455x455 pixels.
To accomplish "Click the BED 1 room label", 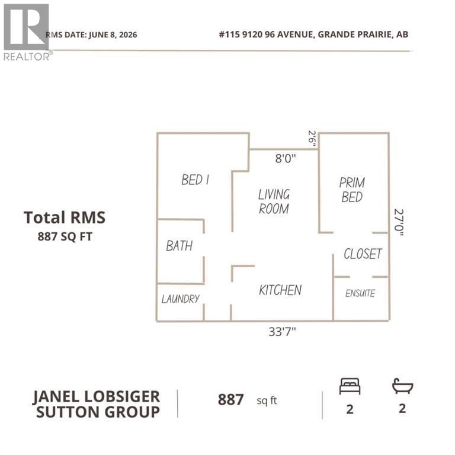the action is coord(195,180).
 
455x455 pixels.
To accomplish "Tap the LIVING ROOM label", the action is coord(274,201).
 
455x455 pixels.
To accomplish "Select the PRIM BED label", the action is coord(352,190).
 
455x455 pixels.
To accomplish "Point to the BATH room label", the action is coord(180,246).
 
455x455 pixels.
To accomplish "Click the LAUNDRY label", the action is coord(181,299).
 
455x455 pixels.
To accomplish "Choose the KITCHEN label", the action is coord(280,290).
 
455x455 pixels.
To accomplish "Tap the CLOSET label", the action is coord(363,254).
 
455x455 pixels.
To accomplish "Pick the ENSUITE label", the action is coord(360,293).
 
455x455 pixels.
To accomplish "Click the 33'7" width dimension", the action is coord(282,331).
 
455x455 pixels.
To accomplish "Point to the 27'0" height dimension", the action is coord(399,222).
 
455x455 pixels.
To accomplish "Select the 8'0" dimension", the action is coord(286,158).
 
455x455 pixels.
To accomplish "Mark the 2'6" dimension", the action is coord(312,139).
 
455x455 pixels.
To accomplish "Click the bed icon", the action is coord(350,386).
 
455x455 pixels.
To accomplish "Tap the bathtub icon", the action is coord(402,386).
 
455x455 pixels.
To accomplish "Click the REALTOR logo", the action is coord(27,32).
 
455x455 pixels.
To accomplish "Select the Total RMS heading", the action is coord(65,217).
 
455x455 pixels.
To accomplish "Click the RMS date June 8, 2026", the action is coord(91,35).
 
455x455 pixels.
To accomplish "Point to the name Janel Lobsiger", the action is coord(96,397).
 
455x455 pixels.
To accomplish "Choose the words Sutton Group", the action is coord(98,412).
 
